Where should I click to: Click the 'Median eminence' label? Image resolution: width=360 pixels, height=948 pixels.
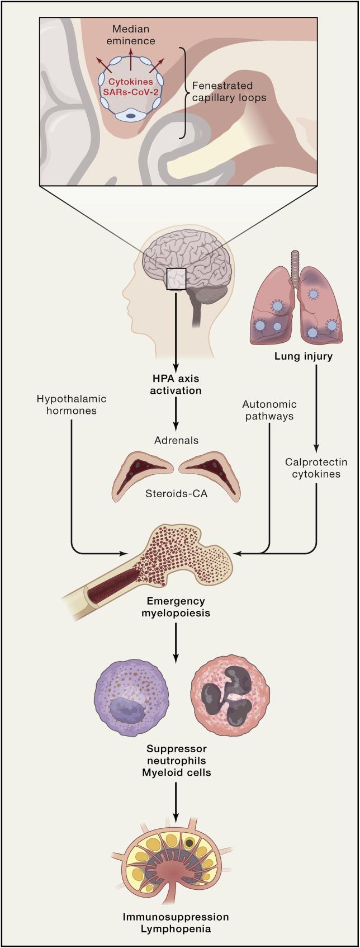click(133, 35)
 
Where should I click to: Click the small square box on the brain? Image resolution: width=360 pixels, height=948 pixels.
click(176, 278)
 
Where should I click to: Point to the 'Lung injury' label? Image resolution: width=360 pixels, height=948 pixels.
click(303, 356)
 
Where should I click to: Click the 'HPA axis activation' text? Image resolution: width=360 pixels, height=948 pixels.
click(176, 384)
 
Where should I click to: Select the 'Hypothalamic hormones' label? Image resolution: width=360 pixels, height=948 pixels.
click(71, 405)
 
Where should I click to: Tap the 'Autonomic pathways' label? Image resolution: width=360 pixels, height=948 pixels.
click(269, 410)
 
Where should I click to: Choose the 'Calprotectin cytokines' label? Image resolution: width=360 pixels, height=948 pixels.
click(316, 468)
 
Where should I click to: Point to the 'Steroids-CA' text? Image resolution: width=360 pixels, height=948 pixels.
click(176, 493)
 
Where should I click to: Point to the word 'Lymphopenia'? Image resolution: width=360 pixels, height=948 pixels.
click(176, 929)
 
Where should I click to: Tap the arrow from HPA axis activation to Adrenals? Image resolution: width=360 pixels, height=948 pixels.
click(176, 414)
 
